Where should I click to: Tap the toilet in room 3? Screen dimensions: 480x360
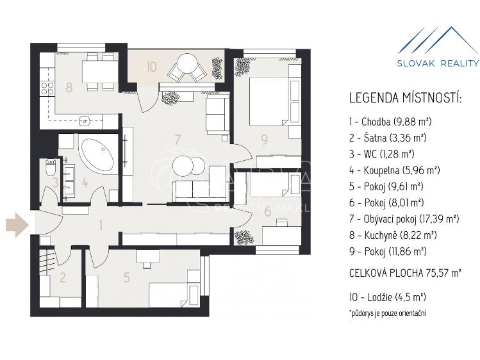[x=50, y=168]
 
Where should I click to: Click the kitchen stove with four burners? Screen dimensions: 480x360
[x=47, y=88]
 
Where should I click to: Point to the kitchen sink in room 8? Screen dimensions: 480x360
[x=85, y=122]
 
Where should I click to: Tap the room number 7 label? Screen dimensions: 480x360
[x=178, y=140]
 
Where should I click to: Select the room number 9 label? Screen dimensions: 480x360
[x=264, y=140]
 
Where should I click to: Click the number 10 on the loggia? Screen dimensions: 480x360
[x=151, y=67]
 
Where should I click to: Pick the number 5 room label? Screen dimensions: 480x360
[x=126, y=277]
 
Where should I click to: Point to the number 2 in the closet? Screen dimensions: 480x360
[x=63, y=277]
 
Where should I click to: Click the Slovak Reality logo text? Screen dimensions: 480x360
[x=438, y=63]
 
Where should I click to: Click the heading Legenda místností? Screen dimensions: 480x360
[x=405, y=98]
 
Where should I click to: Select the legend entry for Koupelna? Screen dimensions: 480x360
[x=394, y=170]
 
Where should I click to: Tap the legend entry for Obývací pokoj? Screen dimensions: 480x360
[x=404, y=219]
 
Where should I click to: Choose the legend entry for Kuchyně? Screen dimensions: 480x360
[x=393, y=235]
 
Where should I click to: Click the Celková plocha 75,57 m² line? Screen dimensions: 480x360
[x=405, y=272]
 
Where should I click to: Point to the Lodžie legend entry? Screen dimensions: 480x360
[x=387, y=297]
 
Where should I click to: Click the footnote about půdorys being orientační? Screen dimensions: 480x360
[x=387, y=313]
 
